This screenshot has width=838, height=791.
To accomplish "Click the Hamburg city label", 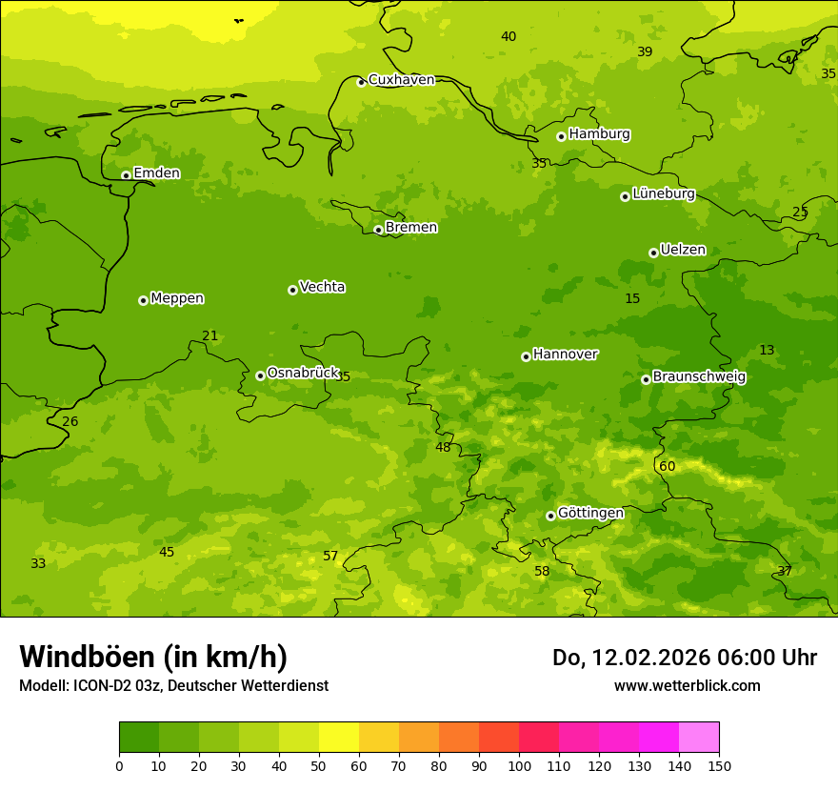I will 599,134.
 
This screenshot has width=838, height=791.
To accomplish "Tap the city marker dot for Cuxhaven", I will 361,82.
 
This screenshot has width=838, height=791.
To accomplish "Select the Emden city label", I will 156,173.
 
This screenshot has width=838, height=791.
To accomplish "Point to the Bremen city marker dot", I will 378,230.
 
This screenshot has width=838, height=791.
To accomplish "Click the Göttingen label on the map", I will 590,514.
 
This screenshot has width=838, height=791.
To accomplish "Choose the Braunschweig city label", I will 699,377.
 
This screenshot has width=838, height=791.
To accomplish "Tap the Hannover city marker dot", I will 526,356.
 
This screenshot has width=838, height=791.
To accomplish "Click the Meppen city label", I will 177,298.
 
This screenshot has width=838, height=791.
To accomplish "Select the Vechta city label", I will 322,287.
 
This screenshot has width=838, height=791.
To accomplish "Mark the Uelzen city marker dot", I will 653,253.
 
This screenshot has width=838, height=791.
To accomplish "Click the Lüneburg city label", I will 664,194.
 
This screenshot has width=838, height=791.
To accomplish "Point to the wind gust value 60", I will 668,466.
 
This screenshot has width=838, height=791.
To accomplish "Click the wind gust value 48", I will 444,447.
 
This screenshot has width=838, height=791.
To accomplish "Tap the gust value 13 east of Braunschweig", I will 767,350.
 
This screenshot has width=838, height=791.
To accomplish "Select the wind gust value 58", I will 542,571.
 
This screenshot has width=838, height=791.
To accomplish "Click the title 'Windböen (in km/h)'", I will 153,657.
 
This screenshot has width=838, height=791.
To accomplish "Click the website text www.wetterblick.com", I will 687,685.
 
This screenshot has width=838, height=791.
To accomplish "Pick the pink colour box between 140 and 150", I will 699,737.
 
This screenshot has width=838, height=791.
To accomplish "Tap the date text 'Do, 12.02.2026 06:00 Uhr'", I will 684,658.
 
